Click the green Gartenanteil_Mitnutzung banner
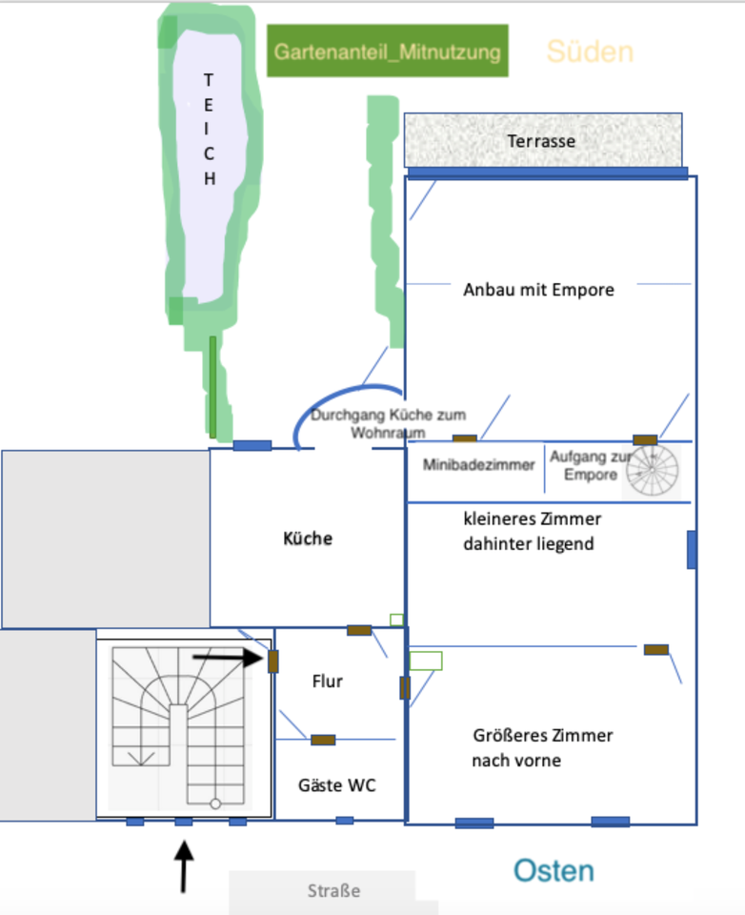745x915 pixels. [x=387, y=51]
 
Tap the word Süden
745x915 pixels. [x=590, y=51]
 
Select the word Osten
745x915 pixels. [x=554, y=870]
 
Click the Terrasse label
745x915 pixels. [x=541, y=141]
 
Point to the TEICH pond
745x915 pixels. [x=209, y=162]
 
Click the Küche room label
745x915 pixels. [x=308, y=539]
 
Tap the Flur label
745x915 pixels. [x=327, y=681]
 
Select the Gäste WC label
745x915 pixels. [x=336, y=785]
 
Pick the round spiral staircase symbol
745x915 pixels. [x=653, y=470]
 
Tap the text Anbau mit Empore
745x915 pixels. [x=538, y=290]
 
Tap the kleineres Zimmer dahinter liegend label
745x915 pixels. [x=532, y=532]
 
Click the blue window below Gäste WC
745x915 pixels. [x=344, y=820]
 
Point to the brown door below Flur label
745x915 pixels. [x=323, y=740]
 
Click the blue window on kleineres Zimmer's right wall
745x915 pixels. [x=692, y=550]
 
